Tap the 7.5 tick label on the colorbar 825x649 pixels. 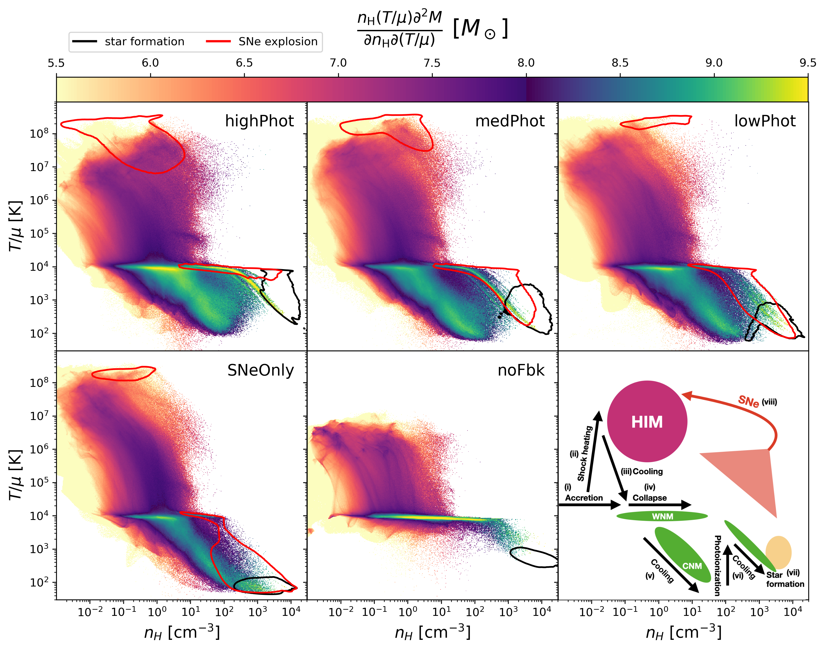pos(432,63)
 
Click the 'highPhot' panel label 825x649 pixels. pos(259,121)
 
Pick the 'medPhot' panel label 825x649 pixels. pos(510,121)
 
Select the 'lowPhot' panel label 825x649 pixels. pos(765,121)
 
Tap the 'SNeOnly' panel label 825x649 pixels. pos(260,370)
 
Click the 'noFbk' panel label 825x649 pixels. pos(521,370)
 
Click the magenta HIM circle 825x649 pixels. pos(647,421)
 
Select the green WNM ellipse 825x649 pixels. pos(662,516)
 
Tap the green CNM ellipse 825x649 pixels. pos(682,555)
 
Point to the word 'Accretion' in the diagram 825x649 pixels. pos(584,498)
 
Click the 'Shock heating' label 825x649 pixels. pos(585,453)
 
